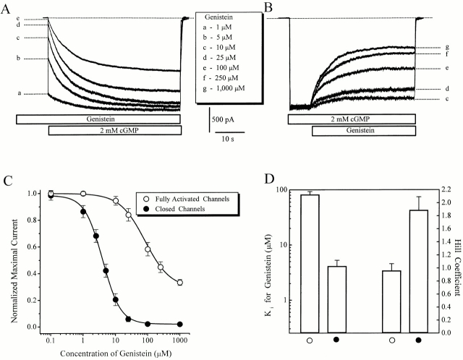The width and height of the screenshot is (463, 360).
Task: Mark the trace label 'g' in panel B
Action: pos(447,48)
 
